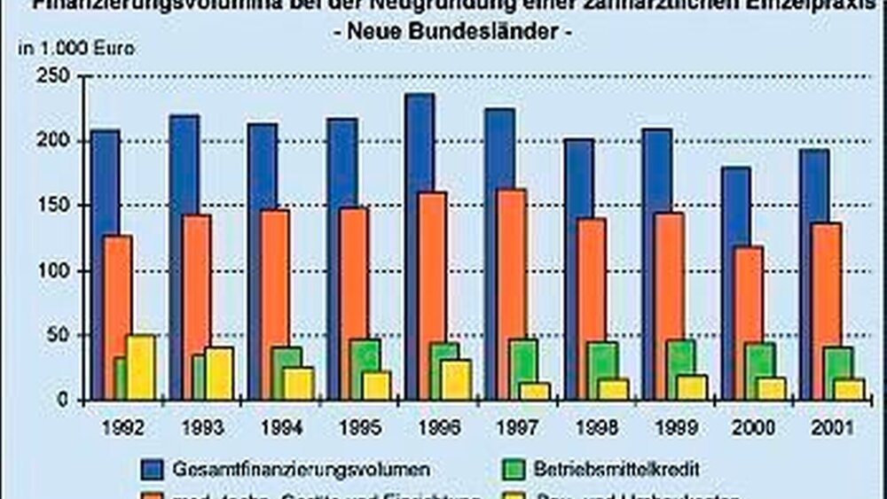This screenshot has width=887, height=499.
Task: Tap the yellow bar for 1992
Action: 141,368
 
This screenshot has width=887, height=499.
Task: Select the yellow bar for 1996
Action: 456,379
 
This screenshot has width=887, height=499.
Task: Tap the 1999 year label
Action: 671,427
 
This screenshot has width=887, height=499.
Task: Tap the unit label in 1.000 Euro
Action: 76,49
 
